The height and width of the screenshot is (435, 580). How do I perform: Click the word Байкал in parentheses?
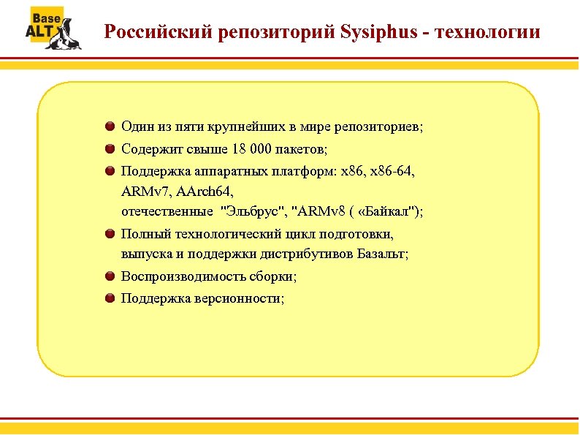387,212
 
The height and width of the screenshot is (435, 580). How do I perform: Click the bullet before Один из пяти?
110,126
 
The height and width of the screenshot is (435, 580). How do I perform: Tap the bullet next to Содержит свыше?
110,150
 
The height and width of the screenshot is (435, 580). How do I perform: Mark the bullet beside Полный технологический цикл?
110,235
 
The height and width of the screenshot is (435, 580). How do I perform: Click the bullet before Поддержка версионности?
110,298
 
